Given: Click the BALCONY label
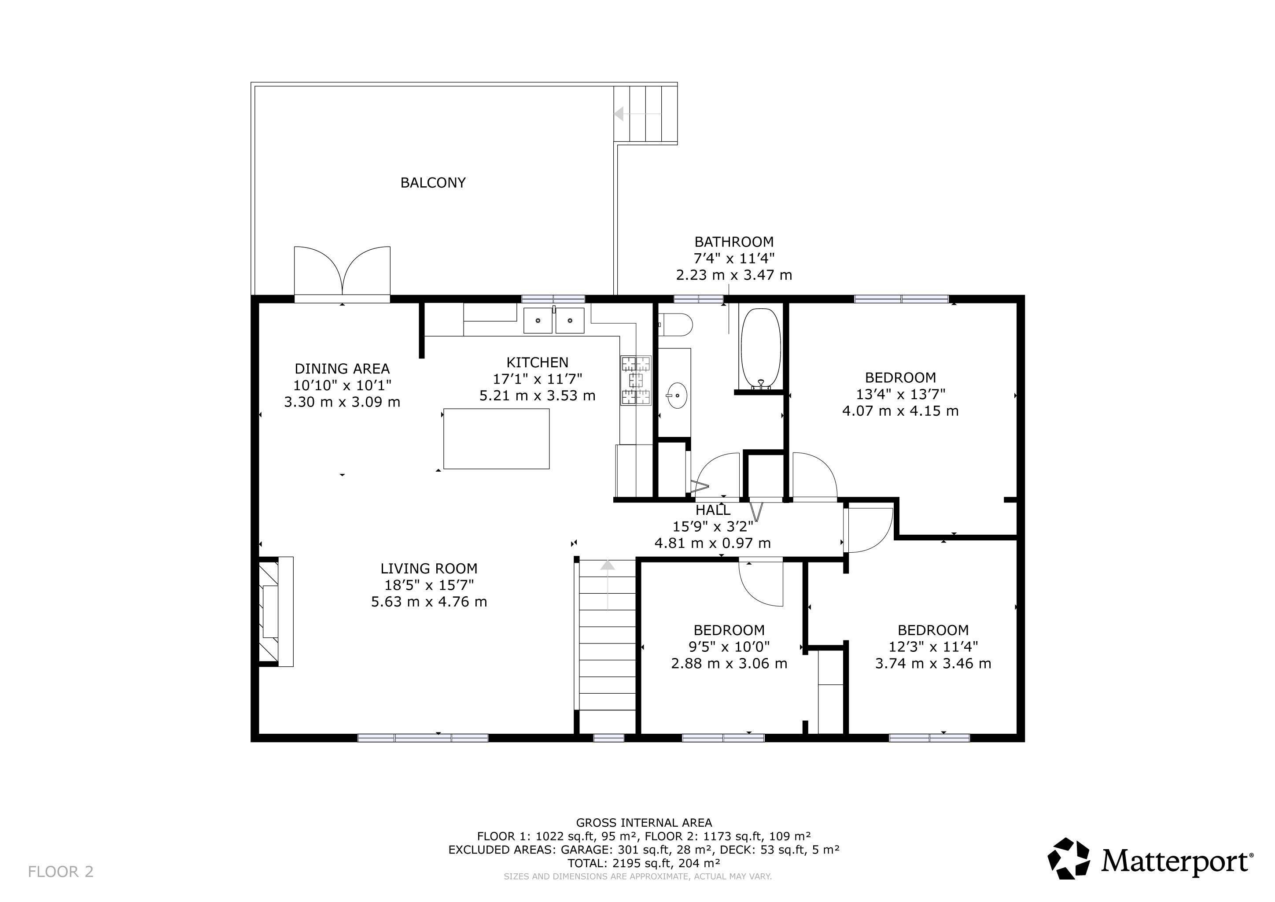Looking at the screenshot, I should pyautogui.click(x=433, y=183).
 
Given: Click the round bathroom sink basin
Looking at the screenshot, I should pyautogui.click(x=676, y=396).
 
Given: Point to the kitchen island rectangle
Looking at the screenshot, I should pyautogui.click(x=497, y=439).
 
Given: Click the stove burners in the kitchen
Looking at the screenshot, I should pyautogui.click(x=636, y=380).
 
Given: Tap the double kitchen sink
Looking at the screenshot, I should pyautogui.click(x=554, y=321).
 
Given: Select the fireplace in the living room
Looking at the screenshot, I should pyautogui.click(x=276, y=611).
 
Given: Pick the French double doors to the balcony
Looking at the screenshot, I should pyautogui.click(x=342, y=272).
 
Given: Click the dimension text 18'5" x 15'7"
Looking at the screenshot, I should pyautogui.click(x=429, y=585).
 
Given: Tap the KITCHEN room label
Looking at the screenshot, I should pyautogui.click(x=537, y=362).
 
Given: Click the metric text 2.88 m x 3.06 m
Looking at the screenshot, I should pyautogui.click(x=729, y=664).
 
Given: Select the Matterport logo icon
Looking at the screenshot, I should pyautogui.click(x=1068, y=859).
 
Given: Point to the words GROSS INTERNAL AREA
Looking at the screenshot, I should pyautogui.click(x=644, y=823).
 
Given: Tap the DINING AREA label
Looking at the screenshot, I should pyautogui.click(x=342, y=369).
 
